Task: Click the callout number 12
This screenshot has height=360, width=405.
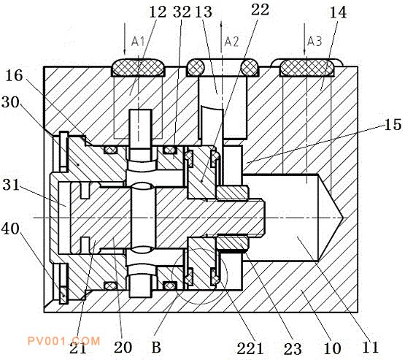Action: coord(158,12)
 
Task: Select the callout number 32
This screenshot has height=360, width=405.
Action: coord(182,12)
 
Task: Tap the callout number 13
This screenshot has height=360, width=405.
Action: coord(204,12)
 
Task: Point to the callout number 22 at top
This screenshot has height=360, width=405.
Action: coord(260,9)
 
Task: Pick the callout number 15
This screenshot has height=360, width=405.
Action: coord(393,125)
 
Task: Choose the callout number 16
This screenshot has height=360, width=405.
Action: coord(14,76)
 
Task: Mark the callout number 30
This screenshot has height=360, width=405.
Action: coord(10,102)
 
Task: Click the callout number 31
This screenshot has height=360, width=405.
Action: coord(11,185)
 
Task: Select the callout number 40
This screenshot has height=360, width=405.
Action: coord(10,229)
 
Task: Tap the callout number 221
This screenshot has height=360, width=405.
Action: coord(250,348)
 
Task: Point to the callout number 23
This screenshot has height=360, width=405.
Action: coord(293,349)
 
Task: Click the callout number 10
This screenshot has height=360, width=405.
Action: coord(332,348)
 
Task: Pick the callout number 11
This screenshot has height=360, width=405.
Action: coord(370,347)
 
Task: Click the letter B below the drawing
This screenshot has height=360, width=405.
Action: coord(156,347)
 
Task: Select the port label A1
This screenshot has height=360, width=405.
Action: coord(138,42)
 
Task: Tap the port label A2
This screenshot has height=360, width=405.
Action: coord(231,42)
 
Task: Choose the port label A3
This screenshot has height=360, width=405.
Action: coord(315,42)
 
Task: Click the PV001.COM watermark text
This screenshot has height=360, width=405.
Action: coord(63,341)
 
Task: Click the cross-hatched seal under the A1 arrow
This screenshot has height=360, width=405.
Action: coord(138,67)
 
